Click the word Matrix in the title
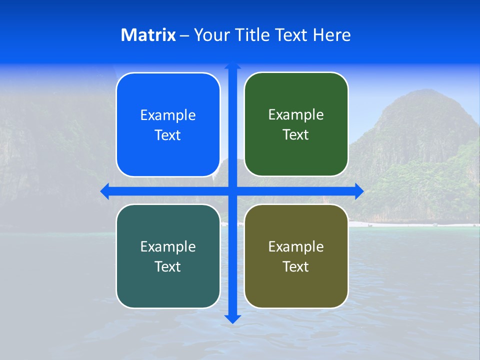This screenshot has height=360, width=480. click(148, 35)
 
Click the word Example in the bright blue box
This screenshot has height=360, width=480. click(168, 115)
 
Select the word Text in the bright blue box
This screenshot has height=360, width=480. click(168, 135)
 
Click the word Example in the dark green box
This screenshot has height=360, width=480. click(296, 115)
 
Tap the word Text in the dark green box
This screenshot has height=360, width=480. click(296, 134)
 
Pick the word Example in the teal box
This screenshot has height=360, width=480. click(168, 246)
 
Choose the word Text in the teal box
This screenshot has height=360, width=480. click(168, 266)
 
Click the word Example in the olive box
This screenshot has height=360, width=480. click(296, 246)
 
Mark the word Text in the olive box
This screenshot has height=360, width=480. click(296, 266)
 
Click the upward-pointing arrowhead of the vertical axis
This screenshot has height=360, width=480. click(232, 65)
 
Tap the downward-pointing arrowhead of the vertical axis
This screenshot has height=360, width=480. click(232, 318)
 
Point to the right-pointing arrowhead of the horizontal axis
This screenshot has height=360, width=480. click(359, 191)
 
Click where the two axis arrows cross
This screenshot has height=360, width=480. click(232, 191)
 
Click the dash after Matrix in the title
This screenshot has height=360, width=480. click(184, 35)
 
